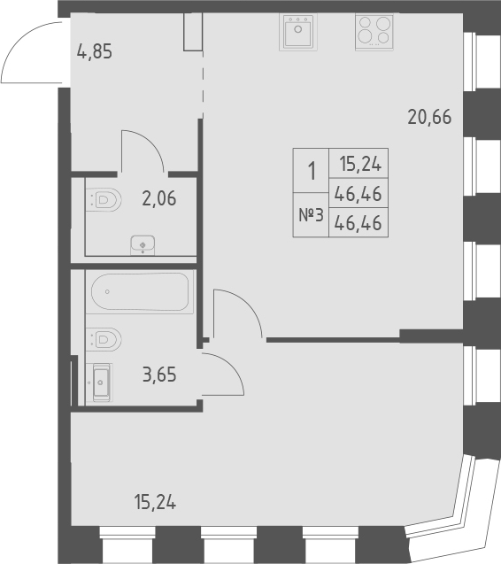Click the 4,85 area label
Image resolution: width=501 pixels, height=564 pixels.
tap(95, 51)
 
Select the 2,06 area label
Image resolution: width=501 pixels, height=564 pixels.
tap(159, 198)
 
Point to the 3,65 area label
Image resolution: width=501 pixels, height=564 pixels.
tap(159, 374)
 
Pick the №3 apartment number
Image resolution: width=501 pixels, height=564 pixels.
tap(310, 215)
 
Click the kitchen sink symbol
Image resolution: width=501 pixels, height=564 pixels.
tap(298, 34)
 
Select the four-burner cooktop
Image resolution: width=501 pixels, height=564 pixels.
tap(374, 34)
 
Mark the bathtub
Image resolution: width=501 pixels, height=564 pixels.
tap(139, 292)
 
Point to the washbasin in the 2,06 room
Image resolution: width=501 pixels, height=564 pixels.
tap(142, 243)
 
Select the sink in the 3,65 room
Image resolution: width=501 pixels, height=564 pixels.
tap(100, 384)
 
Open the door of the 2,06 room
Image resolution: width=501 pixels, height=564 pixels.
tap(142, 151)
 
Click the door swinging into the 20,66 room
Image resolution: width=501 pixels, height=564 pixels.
tap(235, 313)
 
